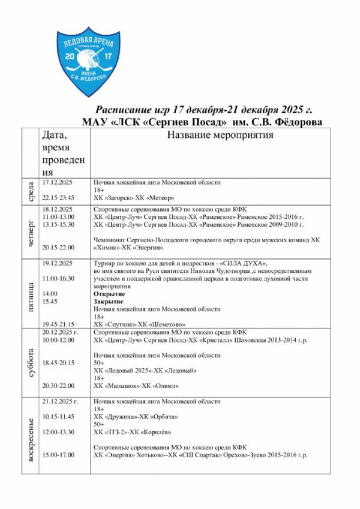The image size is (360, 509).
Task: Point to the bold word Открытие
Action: pos(109,294)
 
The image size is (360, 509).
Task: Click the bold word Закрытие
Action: pos(109,302)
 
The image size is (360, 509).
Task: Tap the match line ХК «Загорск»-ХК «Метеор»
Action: pos(134,197)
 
